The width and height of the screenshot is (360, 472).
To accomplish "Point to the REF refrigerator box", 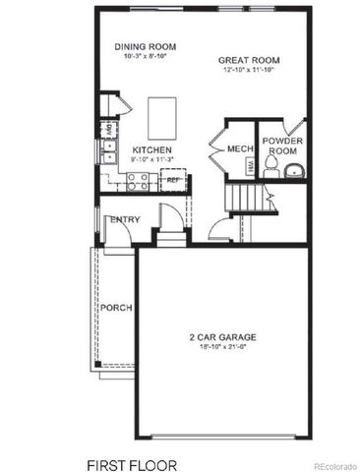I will tap(174, 181).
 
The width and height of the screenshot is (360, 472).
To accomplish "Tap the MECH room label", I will tap(240, 148).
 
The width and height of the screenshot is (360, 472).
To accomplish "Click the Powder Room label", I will tap(282, 147).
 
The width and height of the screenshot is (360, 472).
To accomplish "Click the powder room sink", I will tap(294, 171).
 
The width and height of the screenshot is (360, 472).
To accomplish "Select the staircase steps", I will tap(246, 200).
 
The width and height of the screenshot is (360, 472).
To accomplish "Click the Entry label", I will tap(124, 219).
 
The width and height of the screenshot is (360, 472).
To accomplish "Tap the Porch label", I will tap(116, 308).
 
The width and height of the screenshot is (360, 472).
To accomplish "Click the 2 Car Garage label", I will tap(222, 336).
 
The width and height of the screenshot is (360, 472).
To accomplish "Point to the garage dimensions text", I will tap(222, 346).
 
